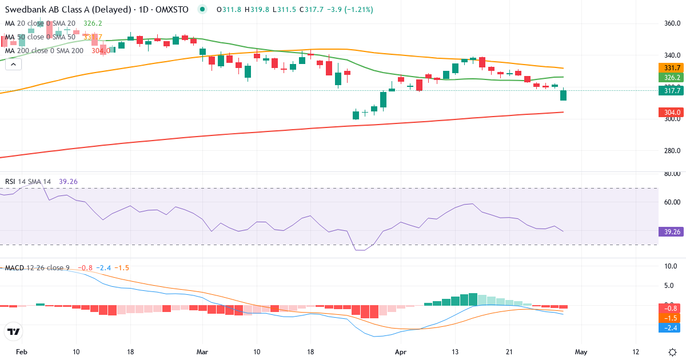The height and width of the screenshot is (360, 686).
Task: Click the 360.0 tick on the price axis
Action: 672,23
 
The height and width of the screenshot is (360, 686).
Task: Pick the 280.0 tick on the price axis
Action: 672,151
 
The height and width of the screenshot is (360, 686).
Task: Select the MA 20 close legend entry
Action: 40,23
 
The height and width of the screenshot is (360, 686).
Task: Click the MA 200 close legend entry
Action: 44,51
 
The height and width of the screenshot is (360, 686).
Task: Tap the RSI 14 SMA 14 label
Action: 28,182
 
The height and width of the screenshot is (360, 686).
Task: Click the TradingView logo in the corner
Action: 14,331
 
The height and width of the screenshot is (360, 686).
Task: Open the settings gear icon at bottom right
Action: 672,352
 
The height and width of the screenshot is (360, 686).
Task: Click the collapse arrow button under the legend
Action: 13,65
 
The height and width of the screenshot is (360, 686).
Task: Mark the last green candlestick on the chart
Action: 563,95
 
